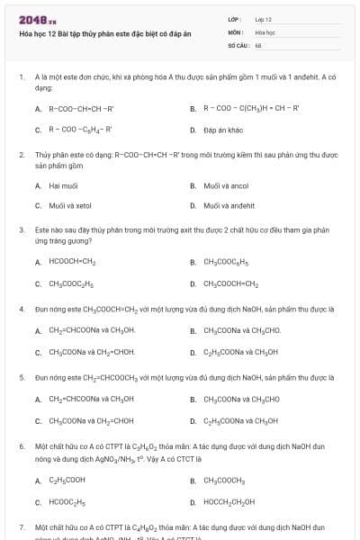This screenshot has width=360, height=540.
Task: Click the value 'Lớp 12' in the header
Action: tap(263, 19)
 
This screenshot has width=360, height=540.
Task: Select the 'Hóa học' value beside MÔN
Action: tap(264, 31)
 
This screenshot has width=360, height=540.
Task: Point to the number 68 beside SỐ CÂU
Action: tap(258, 44)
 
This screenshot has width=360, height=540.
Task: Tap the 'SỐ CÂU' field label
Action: tap(238, 44)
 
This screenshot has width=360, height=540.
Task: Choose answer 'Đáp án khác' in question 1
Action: tap(223, 130)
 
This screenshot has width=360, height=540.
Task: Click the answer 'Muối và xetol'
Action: tap(69, 206)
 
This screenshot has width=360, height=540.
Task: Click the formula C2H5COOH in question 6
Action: tap(68, 481)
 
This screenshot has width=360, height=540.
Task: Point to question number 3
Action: tap(22, 230)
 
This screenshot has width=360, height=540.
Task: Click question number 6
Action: tap(22, 446)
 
